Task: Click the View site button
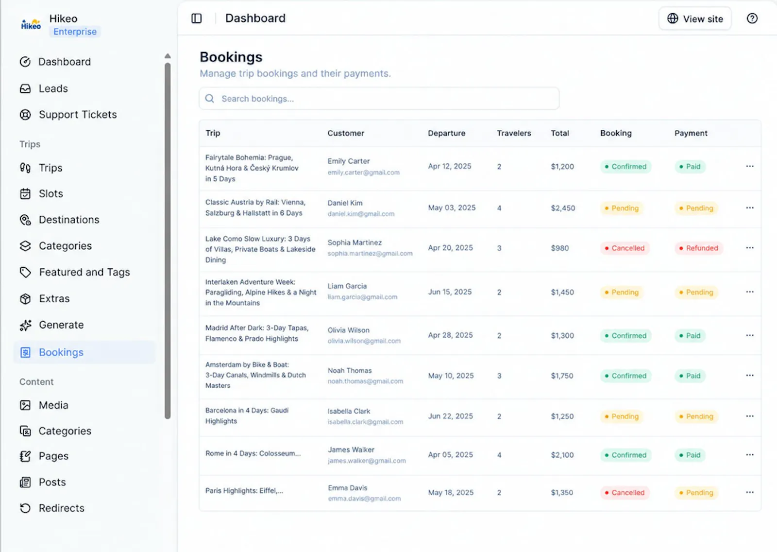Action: pyautogui.click(x=695, y=19)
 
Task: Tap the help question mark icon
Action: pyautogui.click(x=752, y=18)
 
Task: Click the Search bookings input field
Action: pyautogui.click(x=379, y=99)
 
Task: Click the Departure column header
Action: pyautogui.click(x=446, y=133)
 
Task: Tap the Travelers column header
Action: pyautogui.click(x=514, y=133)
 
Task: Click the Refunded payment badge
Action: pyautogui.click(x=699, y=248)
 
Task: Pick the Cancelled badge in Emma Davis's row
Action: pyautogui.click(x=625, y=493)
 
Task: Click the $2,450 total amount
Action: pyautogui.click(x=563, y=208)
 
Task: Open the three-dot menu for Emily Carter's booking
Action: pyautogui.click(x=750, y=166)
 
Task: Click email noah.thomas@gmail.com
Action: pyautogui.click(x=365, y=381)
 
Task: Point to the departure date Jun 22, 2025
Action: pyautogui.click(x=450, y=416)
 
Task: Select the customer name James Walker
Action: pyautogui.click(x=351, y=449)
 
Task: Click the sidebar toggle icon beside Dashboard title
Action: pyautogui.click(x=196, y=18)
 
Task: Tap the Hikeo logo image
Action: pyautogui.click(x=31, y=24)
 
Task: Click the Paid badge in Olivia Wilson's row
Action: pyautogui.click(x=690, y=336)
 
